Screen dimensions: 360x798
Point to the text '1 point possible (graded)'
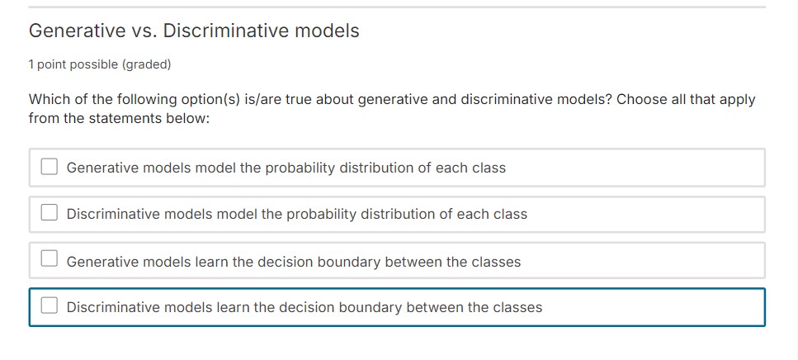coord(100,64)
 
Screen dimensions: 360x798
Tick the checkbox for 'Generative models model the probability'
coord(50,168)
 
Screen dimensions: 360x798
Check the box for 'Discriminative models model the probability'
coord(50,214)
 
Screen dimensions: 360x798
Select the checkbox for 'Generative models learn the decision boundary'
coord(50,261)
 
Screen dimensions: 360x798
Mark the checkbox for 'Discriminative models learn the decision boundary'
coord(50,307)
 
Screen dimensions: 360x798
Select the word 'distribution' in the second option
coord(396,214)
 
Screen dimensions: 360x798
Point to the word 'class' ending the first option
coord(489,168)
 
